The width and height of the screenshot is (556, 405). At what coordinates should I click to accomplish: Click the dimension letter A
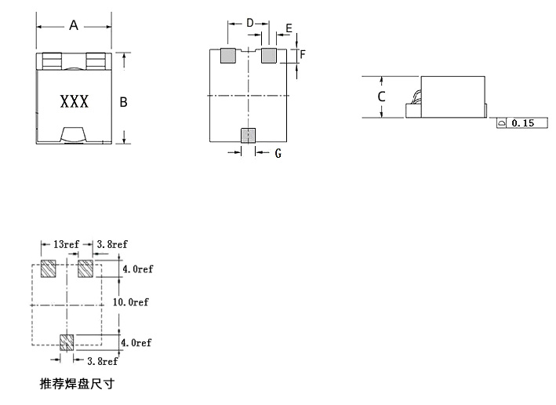[x=74, y=25]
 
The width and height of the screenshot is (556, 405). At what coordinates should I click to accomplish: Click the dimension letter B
[x=123, y=102]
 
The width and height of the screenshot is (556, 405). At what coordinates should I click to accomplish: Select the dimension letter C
[x=382, y=97]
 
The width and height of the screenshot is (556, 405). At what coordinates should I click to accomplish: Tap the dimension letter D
[x=250, y=23]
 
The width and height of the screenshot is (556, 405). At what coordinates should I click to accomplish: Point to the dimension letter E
[x=289, y=28]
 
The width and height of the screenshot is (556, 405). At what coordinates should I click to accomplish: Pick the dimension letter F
[x=303, y=54]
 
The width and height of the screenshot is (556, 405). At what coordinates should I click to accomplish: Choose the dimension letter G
[x=278, y=153]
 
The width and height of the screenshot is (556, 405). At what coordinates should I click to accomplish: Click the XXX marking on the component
[x=74, y=101]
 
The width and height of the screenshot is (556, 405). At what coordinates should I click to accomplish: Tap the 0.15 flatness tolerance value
[x=522, y=123]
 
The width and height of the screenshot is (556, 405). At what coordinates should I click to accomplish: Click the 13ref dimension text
[x=66, y=245]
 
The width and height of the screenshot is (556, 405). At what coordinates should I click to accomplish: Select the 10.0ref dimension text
[x=131, y=302]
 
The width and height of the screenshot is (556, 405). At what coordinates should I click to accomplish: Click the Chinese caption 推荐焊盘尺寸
[x=77, y=384]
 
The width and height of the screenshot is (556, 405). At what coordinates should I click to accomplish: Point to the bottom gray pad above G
[x=249, y=136]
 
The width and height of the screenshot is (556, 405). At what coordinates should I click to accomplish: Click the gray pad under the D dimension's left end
[x=228, y=56]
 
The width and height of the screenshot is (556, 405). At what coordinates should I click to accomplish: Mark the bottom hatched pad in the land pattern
[x=67, y=342]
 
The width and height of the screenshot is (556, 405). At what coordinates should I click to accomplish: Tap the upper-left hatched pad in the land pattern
[x=48, y=268]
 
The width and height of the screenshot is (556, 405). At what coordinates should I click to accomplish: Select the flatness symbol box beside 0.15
[x=501, y=123]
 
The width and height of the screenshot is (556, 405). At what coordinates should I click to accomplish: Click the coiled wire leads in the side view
[x=416, y=97]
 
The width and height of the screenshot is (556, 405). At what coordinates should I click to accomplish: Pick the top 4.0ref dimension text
[x=138, y=269]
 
